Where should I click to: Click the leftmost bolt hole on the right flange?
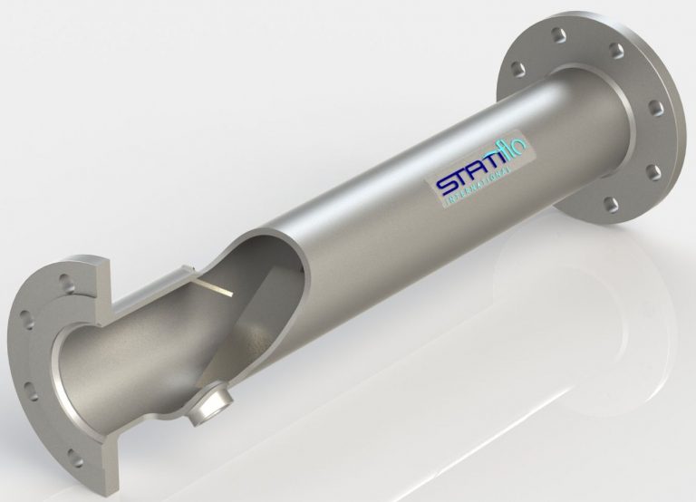click(x=517, y=68)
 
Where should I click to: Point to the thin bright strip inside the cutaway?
click(x=215, y=291)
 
